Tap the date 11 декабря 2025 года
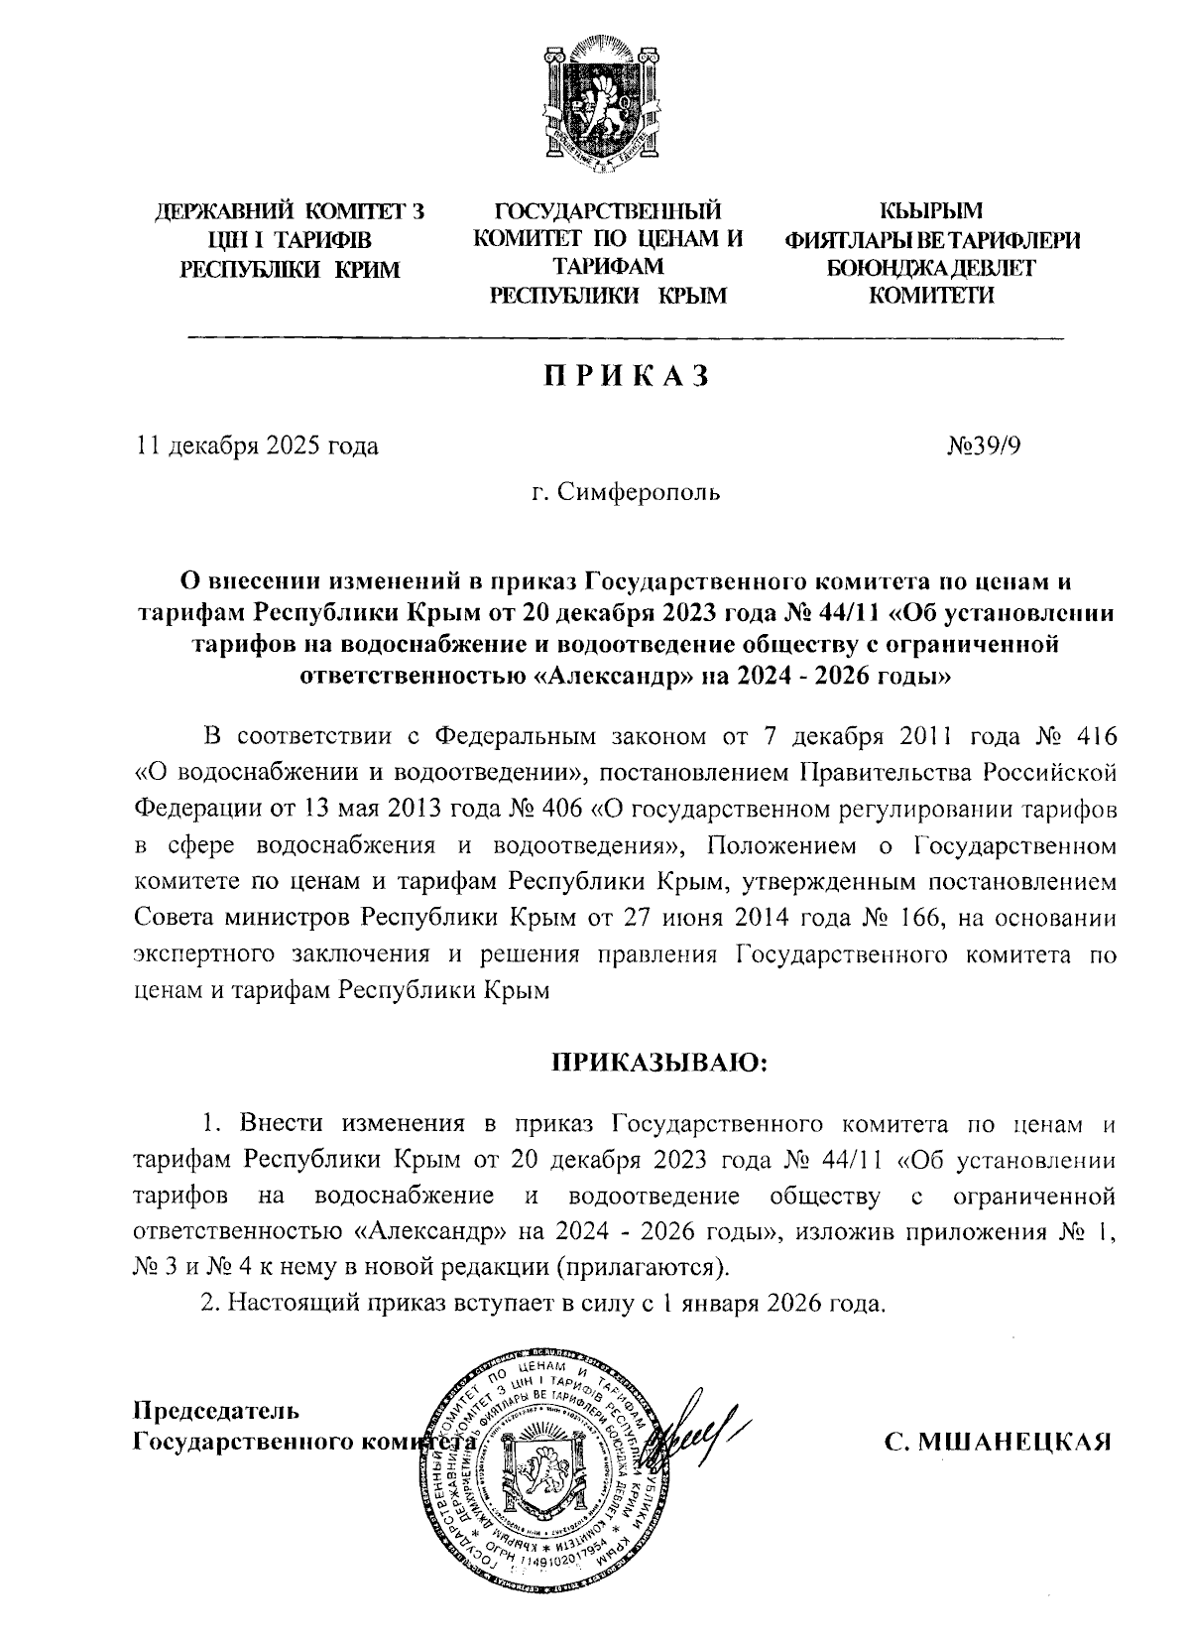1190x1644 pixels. [x=257, y=445]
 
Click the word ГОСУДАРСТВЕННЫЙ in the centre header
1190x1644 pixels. [x=608, y=211]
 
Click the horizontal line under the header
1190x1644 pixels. [x=625, y=339]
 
